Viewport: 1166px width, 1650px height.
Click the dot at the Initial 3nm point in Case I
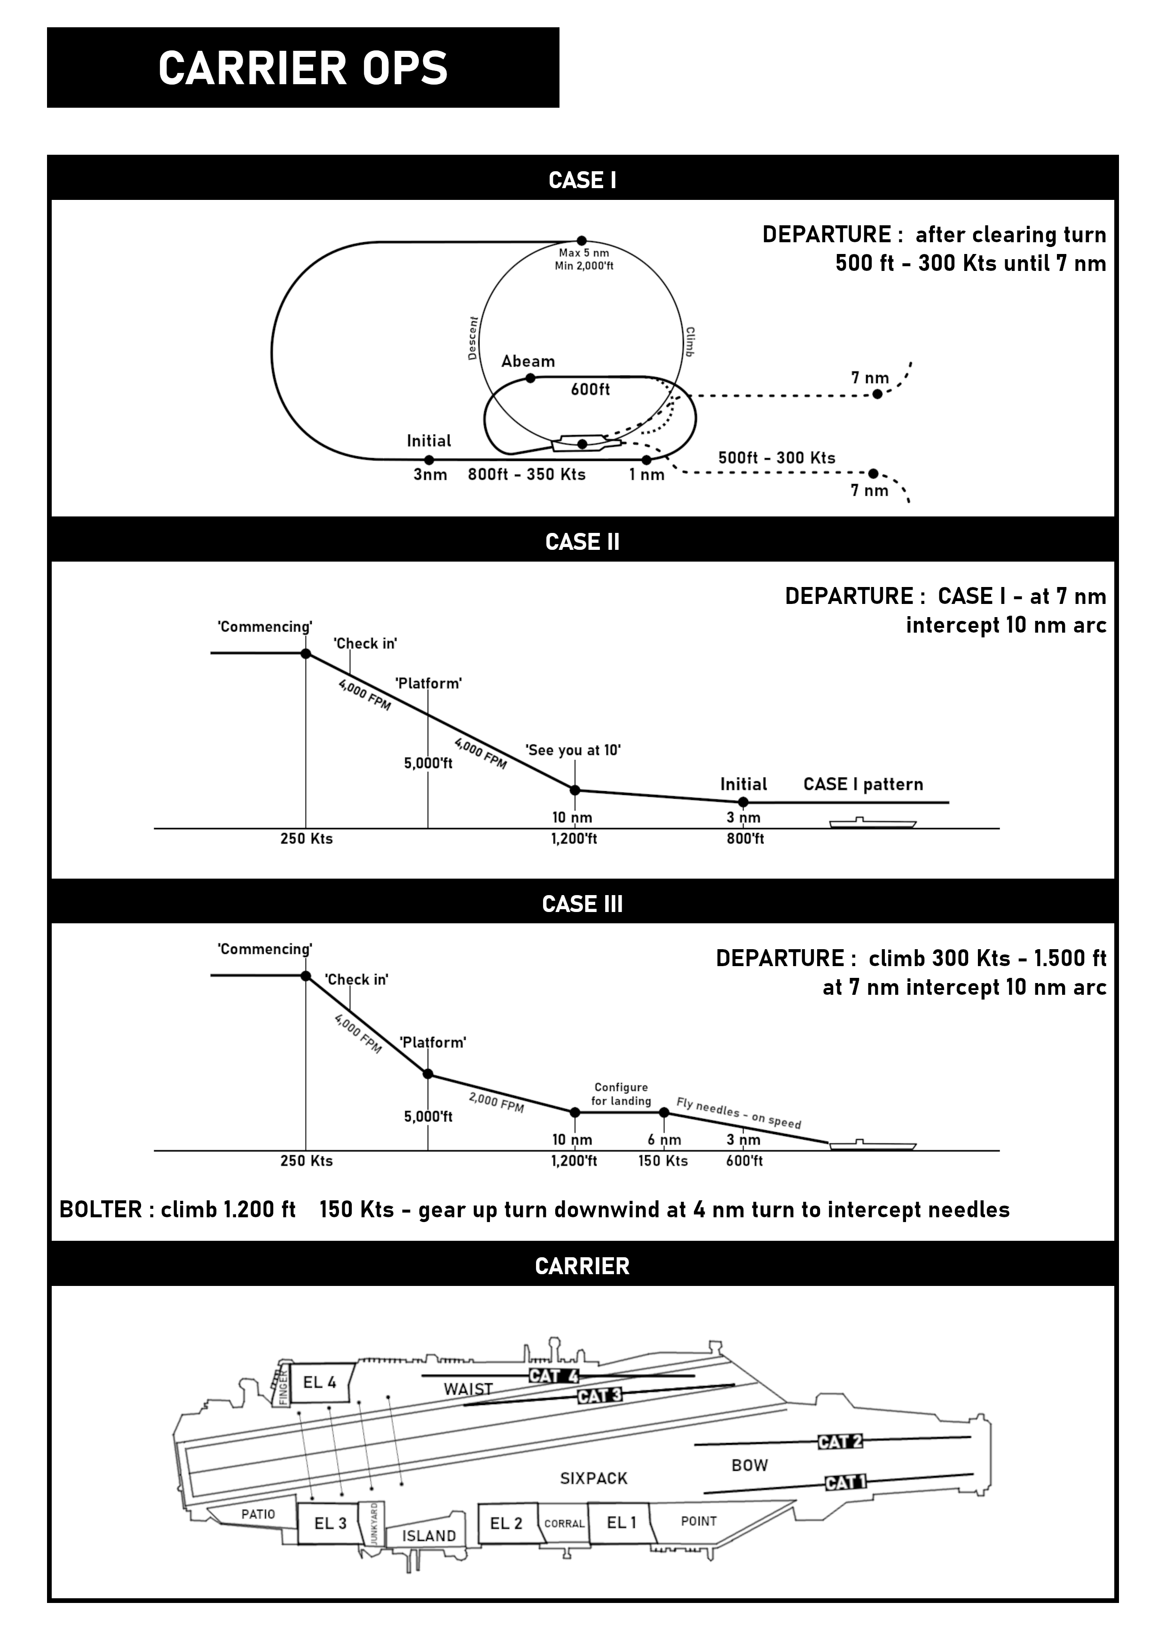pos(429,460)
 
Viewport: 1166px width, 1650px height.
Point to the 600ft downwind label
pos(590,389)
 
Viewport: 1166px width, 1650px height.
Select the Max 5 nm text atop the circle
pos(583,254)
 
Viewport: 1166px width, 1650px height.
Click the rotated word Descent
pos(472,338)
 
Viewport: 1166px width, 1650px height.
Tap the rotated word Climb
pos(690,342)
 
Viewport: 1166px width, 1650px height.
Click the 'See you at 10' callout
pos(573,750)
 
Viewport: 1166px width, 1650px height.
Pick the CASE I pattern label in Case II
pos(863,784)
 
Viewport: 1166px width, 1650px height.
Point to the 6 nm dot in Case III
pos(664,1112)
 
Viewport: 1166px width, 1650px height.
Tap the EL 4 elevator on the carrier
pos(320,1383)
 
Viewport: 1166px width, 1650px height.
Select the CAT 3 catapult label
pos(600,1396)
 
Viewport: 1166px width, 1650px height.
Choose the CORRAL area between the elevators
pos(564,1523)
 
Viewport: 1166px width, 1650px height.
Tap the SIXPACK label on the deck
pos(593,1479)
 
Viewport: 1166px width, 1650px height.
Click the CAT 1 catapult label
pos(845,1483)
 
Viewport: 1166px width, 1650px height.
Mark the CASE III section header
pos(582,904)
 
